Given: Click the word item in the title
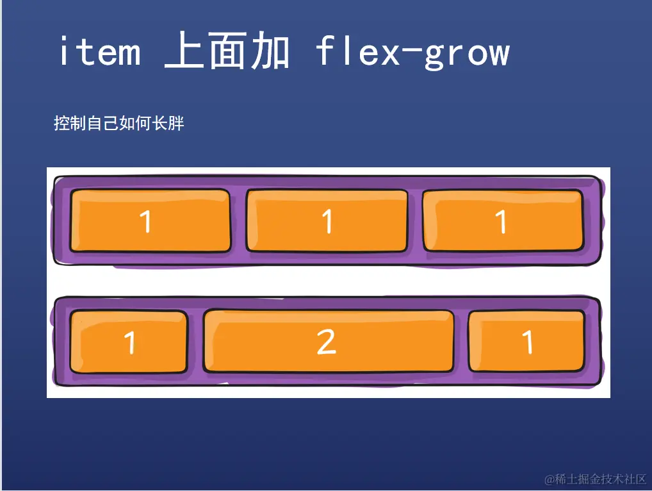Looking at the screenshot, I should pyautogui.click(x=99, y=52).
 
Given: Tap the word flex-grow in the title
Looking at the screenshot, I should pyautogui.click(x=412, y=52).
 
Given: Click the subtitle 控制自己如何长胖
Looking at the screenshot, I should pyautogui.click(x=119, y=123).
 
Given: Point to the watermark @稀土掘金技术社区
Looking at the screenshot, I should pyautogui.click(x=596, y=479).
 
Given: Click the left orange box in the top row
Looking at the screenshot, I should pyautogui.click(x=150, y=221).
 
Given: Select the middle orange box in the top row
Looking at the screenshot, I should pyautogui.click(x=327, y=221).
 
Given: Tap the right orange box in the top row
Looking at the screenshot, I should pyautogui.click(x=503, y=221).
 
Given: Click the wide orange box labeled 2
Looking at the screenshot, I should pyautogui.click(x=329, y=342).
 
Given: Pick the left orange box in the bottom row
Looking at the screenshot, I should pyautogui.click(x=129, y=342).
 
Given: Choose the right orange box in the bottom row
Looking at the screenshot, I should pyautogui.click(x=526, y=342).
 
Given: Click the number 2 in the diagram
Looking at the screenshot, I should pyautogui.click(x=327, y=342).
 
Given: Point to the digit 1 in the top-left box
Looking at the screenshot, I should pyautogui.click(x=146, y=222).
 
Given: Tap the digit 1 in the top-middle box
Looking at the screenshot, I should pyautogui.click(x=327, y=222).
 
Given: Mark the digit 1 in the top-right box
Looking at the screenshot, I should pyautogui.click(x=501, y=222).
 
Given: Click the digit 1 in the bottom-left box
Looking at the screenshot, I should pyautogui.click(x=130, y=343).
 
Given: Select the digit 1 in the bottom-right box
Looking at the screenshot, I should pyautogui.click(x=528, y=342).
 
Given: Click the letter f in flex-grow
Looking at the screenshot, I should pyautogui.click(x=325, y=51).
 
